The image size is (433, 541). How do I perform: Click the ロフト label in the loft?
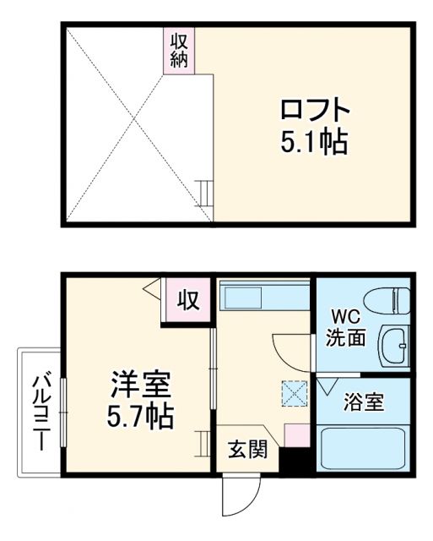pyautogui.click(x=315, y=111)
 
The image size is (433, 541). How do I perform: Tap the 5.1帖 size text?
pyautogui.click(x=315, y=141)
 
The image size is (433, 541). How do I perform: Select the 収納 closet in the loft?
pyautogui.click(x=180, y=50)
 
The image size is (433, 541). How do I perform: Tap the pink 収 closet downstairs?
pyautogui.click(x=187, y=300)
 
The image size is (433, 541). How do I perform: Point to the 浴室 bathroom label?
pyautogui.click(x=364, y=402)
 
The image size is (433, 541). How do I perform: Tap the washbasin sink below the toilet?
pyautogui.click(x=394, y=347)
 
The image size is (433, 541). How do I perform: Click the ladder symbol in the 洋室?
pyautogui.click(x=203, y=442)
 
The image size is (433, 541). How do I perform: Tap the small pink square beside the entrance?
pyautogui.click(x=295, y=435)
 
